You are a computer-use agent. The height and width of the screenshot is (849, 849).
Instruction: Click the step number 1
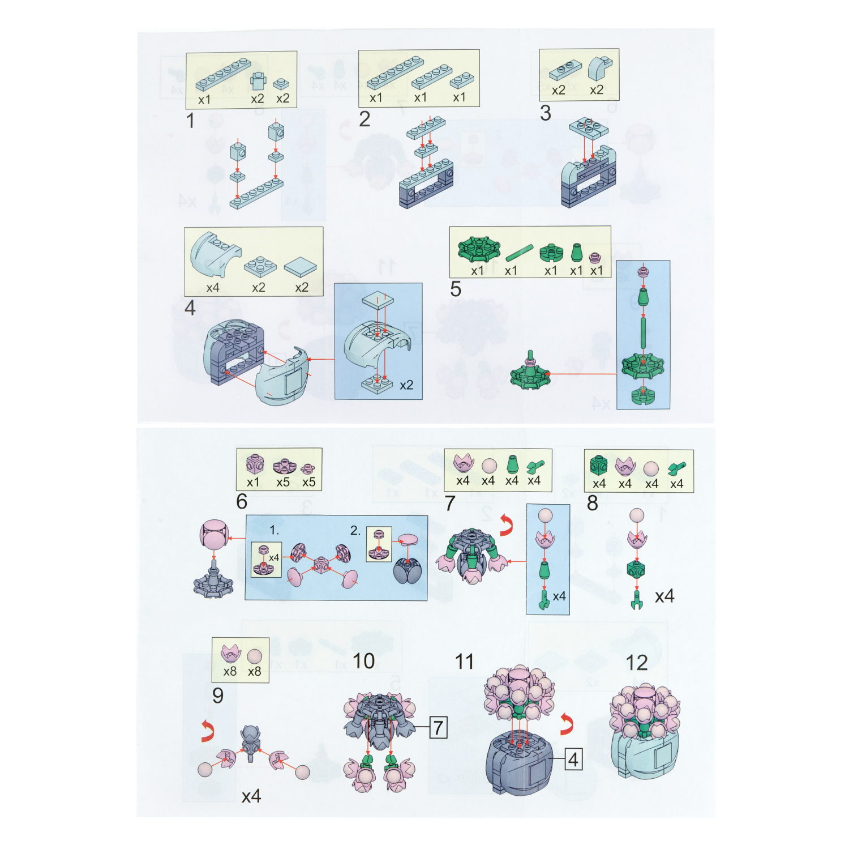click(190, 120)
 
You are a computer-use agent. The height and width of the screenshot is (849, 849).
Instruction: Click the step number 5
click(456, 289)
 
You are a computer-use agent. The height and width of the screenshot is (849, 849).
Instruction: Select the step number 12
click(637, 662)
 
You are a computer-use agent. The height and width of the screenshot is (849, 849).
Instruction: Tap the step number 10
click(363, 660)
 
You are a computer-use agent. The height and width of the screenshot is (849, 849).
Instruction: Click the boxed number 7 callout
click(439, 727)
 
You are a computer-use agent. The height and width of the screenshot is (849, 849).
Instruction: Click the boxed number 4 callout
click(573, 759)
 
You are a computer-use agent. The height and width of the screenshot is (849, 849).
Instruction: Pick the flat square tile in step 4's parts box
click(301, 267)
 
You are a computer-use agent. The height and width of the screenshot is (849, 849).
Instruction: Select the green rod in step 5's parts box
click(519, 253)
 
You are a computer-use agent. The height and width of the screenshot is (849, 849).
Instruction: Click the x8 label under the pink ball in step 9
click(255, 672)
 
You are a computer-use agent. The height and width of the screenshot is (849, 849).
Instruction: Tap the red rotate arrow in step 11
click(567, 724)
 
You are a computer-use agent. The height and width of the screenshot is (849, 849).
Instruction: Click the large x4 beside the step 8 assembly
click(664, 596)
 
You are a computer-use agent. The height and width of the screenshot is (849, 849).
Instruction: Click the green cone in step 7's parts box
click(512, 464)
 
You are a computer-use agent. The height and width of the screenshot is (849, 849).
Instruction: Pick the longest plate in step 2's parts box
click(395, 73)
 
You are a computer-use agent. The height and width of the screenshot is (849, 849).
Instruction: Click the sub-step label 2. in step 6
click(355, 531)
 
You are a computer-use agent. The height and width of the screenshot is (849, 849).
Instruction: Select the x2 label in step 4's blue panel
click(406, 385)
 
